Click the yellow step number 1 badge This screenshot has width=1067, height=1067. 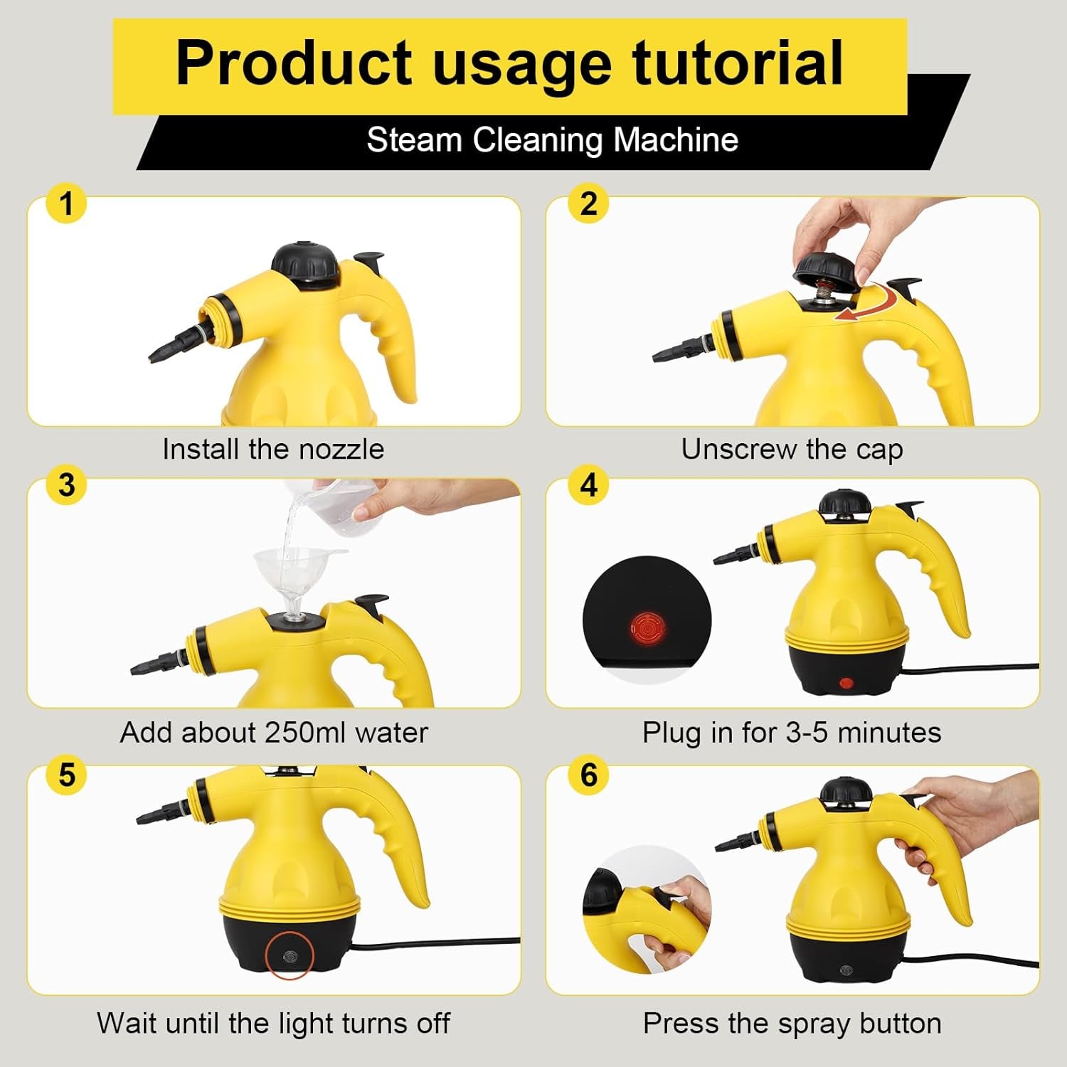(66, 203)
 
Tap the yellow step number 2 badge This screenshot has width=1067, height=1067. (588, 203)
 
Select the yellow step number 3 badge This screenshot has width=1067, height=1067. (66, 485)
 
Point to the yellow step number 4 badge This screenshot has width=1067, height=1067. (588, 485)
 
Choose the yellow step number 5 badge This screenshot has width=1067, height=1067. (66, 775)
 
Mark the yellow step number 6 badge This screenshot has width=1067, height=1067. (588, 775)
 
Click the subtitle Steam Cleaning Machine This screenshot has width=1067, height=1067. (552, 139)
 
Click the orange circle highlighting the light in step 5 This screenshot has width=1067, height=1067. (290, 955)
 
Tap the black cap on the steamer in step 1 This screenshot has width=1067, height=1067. (309, 263)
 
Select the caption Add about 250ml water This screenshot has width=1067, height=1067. (274, 732)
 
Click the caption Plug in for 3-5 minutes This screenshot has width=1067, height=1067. (792, 732)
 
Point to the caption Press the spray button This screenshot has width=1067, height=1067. (792, 1023)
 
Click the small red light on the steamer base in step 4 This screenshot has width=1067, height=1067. (846, 684)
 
